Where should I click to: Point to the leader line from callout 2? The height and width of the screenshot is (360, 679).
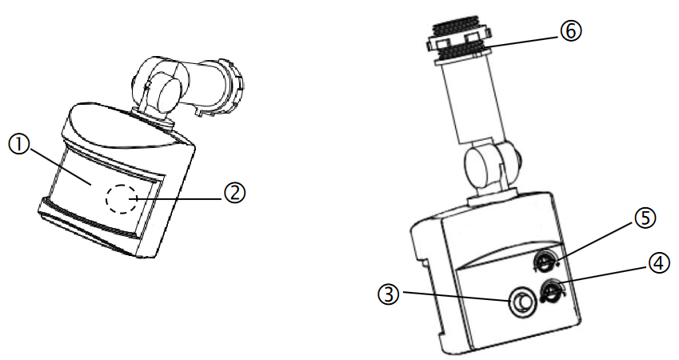click(x=184, y=195)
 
